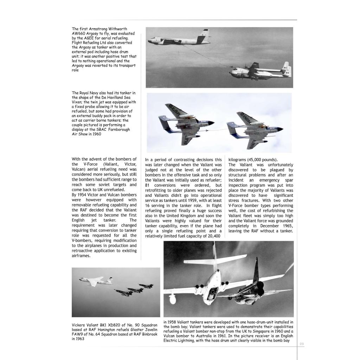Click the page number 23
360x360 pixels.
coord(301,343)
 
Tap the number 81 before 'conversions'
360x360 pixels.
coord(148,185)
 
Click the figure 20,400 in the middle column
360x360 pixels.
coord(213,236)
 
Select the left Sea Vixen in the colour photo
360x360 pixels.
coord(185,123)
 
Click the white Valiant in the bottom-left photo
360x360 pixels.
coord(92,281)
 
